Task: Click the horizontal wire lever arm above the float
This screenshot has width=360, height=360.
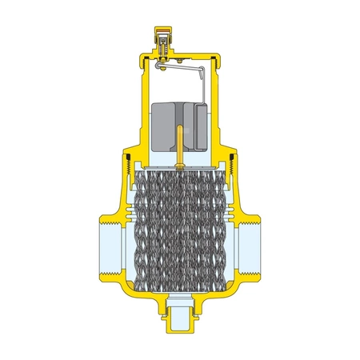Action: coord(181,70)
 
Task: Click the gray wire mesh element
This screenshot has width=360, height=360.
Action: coord(179,232)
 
